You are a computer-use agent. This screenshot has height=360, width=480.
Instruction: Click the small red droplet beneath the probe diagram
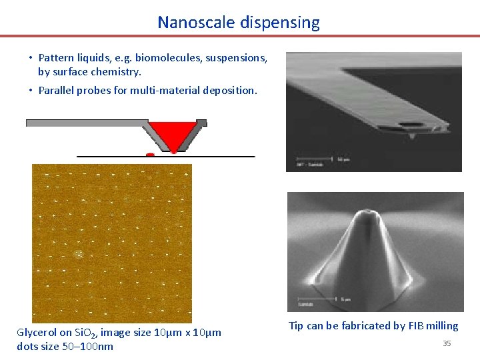pos(150,155)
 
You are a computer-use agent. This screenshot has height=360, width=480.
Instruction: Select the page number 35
pos(447,343)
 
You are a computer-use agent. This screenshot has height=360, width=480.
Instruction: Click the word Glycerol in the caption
pos(37,333)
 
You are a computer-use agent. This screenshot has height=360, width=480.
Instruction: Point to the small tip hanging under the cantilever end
pos(411,135)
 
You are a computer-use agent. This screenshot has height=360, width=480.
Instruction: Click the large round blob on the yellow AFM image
pos(79,254)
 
